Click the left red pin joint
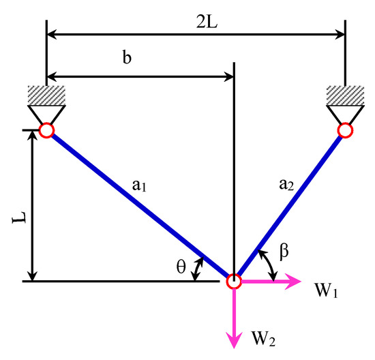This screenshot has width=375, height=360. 46,130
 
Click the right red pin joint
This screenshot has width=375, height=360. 345,130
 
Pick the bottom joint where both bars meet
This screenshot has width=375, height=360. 234,280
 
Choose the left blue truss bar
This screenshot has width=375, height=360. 139,205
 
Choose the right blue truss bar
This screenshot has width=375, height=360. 290,205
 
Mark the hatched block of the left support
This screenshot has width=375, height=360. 46,95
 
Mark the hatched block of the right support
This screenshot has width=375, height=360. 345,95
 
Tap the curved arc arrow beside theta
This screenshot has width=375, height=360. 198,269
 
